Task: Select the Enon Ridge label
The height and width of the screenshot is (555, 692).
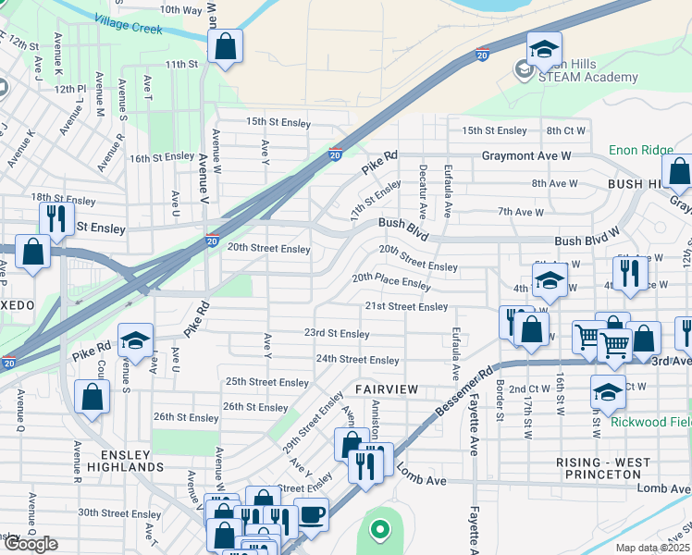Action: coord(640,150)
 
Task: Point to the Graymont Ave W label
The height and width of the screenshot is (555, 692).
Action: coord(526,156)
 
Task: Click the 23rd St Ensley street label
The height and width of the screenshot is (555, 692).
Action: coord(338,333)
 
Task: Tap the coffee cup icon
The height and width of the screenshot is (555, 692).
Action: coord(311,514)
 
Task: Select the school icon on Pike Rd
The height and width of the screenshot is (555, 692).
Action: coord(136,341)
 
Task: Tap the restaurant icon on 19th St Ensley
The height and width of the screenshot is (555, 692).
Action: coord(56,219)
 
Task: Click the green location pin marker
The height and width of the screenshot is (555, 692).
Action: coord(378,530)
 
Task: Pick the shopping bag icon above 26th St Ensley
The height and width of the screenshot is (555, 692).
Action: coord(93,399)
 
